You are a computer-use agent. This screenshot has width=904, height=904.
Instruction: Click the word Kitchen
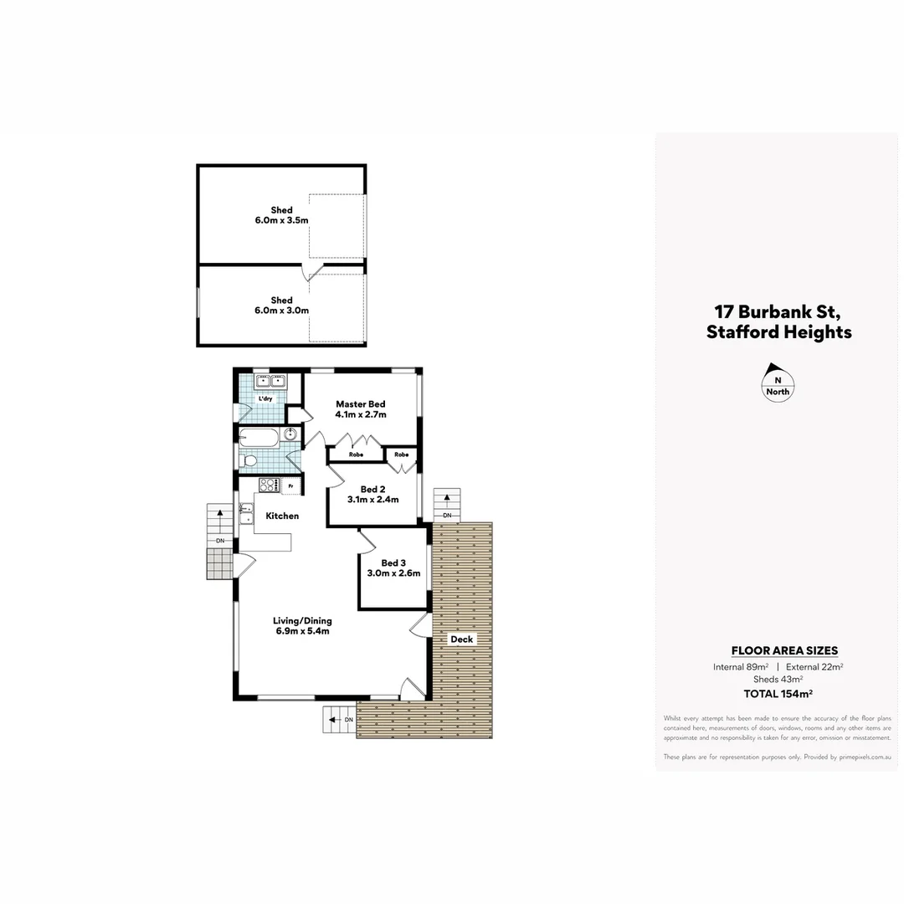pyautogui.click(x=282, y=516)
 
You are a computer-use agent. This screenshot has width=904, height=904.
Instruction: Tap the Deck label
pyautogui.click(x=461, y=639)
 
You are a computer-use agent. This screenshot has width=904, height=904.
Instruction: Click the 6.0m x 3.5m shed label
pyautogui.click(x=282, y=215)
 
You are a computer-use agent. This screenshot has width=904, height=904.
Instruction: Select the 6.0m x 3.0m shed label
pyautogui.click(x=282, y=306)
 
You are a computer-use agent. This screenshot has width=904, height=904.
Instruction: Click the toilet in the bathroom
pyautogui.click(x=249, y=460)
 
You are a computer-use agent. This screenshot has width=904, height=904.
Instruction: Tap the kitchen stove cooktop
pyautogui.click(x=268, y=485)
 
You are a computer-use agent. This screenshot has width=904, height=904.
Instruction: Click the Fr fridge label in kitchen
pyautogui.click(x=290, y=486)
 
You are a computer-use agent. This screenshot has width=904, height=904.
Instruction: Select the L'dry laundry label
pyautogui.click(x=265, y=398)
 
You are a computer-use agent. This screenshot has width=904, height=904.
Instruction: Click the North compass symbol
pyautogui.click(x=778, y=382)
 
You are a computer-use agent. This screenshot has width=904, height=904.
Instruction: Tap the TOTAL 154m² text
pyautogui.click(x=778, y=693)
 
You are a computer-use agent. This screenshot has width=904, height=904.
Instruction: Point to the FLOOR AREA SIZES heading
pyautogui.click(x=784, y=650)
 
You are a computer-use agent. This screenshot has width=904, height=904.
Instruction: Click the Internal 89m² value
pyautogui.click(x=741, y=667)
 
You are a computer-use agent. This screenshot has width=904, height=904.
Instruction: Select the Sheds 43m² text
pyautogui.click(x=778, y=680)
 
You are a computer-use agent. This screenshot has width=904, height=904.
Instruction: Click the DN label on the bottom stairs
pyautogui.click(x=348, y=720)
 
